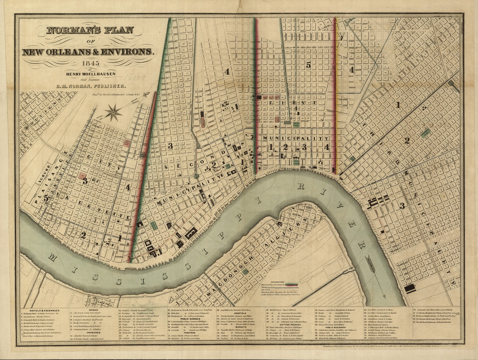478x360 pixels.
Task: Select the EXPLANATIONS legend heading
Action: [280, 282]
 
